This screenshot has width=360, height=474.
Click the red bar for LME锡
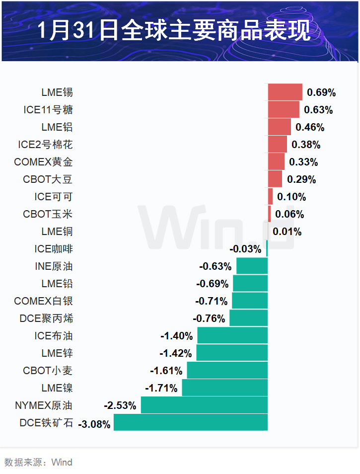coord(285,92)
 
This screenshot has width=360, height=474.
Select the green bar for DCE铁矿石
coord(191,422)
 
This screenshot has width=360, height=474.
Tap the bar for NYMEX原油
coord(204,405)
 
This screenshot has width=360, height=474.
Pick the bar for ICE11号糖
coord(284,110)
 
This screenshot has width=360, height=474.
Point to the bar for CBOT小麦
coord(227,370)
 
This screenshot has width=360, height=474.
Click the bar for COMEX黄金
coord(276,162)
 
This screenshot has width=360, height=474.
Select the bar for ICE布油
coord(232,335)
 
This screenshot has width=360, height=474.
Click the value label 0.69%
coord(321,92)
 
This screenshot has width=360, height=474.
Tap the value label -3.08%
coord(94,424)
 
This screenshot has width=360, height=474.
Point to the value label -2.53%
coord(120,405)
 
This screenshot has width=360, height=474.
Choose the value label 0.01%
coord(287,232)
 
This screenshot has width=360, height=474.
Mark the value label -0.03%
coord(245,249)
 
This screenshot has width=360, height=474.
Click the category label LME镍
coord(57,388)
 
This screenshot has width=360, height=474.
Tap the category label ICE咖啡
coord(54,249)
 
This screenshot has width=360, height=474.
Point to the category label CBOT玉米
coord(48,214)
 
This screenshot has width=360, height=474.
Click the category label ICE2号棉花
coord(45,145)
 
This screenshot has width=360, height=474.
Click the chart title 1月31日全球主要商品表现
coord(174,31)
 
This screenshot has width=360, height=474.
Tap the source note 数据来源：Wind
coord(38,463)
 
